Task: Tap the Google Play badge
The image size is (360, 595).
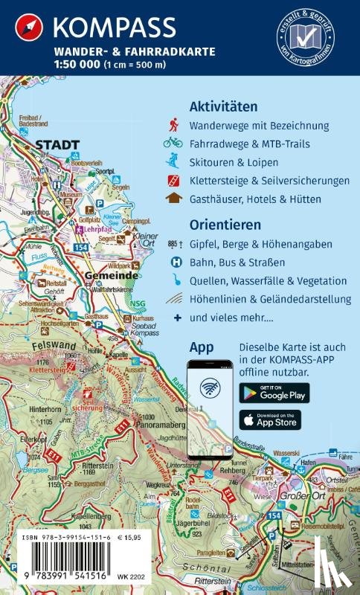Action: coord(274,393)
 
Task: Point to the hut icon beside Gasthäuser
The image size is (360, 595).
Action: coord(173,199)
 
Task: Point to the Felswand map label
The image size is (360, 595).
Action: coord(55,347)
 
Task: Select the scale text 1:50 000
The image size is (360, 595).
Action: coord(72,64)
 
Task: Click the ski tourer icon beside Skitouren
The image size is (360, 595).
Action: coord(173,161)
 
